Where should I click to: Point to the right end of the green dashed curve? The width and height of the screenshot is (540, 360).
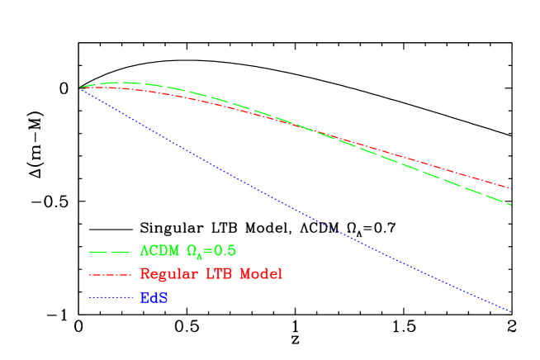coord(511,204)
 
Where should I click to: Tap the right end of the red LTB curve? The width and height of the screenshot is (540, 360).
coord(511,188)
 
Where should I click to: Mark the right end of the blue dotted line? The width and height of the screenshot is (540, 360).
coord(512,312)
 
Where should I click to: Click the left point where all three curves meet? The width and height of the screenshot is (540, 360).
coord(80,87)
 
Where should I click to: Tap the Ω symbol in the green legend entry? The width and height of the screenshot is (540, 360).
coord(192,250)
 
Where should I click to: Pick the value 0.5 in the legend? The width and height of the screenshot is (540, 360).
coord(227,250)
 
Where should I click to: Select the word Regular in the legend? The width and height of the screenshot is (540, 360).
coord(168,274)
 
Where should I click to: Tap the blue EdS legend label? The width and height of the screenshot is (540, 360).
coord(154,298)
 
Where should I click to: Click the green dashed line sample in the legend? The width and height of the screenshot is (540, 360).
coord(110,251)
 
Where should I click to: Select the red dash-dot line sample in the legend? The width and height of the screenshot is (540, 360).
coord(110,274)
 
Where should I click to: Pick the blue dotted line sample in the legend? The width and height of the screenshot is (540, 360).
coord(110,297)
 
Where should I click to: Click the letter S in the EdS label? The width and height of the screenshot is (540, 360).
coord(164,298)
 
